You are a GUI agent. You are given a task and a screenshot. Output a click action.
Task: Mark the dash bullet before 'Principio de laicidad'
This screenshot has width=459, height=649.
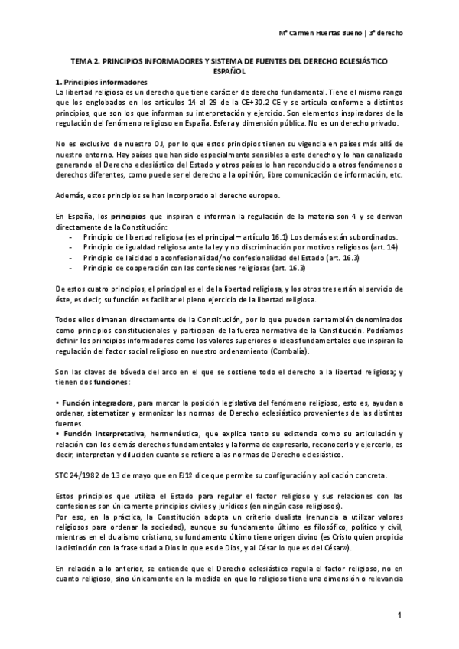[x=71, y=260]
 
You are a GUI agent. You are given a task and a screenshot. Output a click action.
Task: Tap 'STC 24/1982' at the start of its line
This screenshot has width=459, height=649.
[x=78, y=474]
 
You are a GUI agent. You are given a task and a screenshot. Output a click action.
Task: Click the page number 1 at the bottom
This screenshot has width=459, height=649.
[x=399, y=616]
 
